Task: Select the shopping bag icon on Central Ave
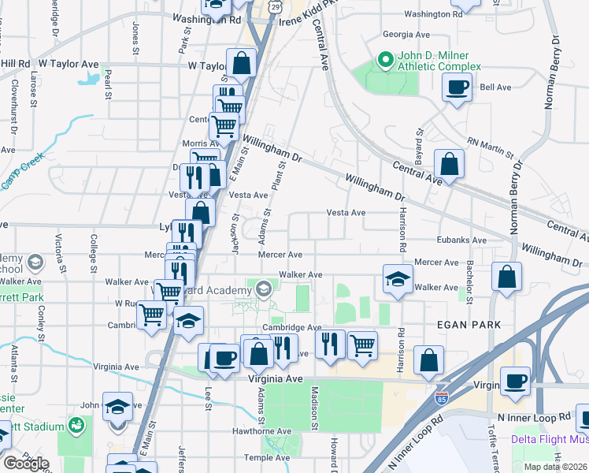coord(449,165)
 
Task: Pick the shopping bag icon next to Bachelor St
coord(507,277)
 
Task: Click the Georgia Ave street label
coord(406,35)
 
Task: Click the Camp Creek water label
coord(17,173)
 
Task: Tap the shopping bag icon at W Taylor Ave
coord(242,62)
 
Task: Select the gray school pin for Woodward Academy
coord(263,289)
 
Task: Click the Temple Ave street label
coord(267,457)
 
